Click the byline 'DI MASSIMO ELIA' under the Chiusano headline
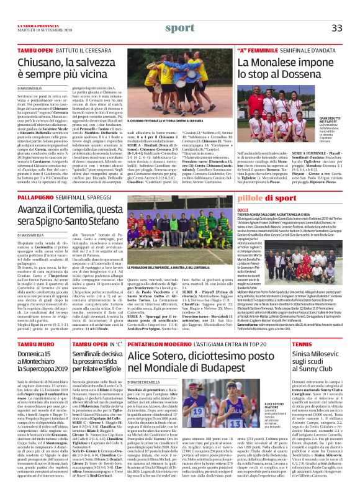point(32,90)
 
